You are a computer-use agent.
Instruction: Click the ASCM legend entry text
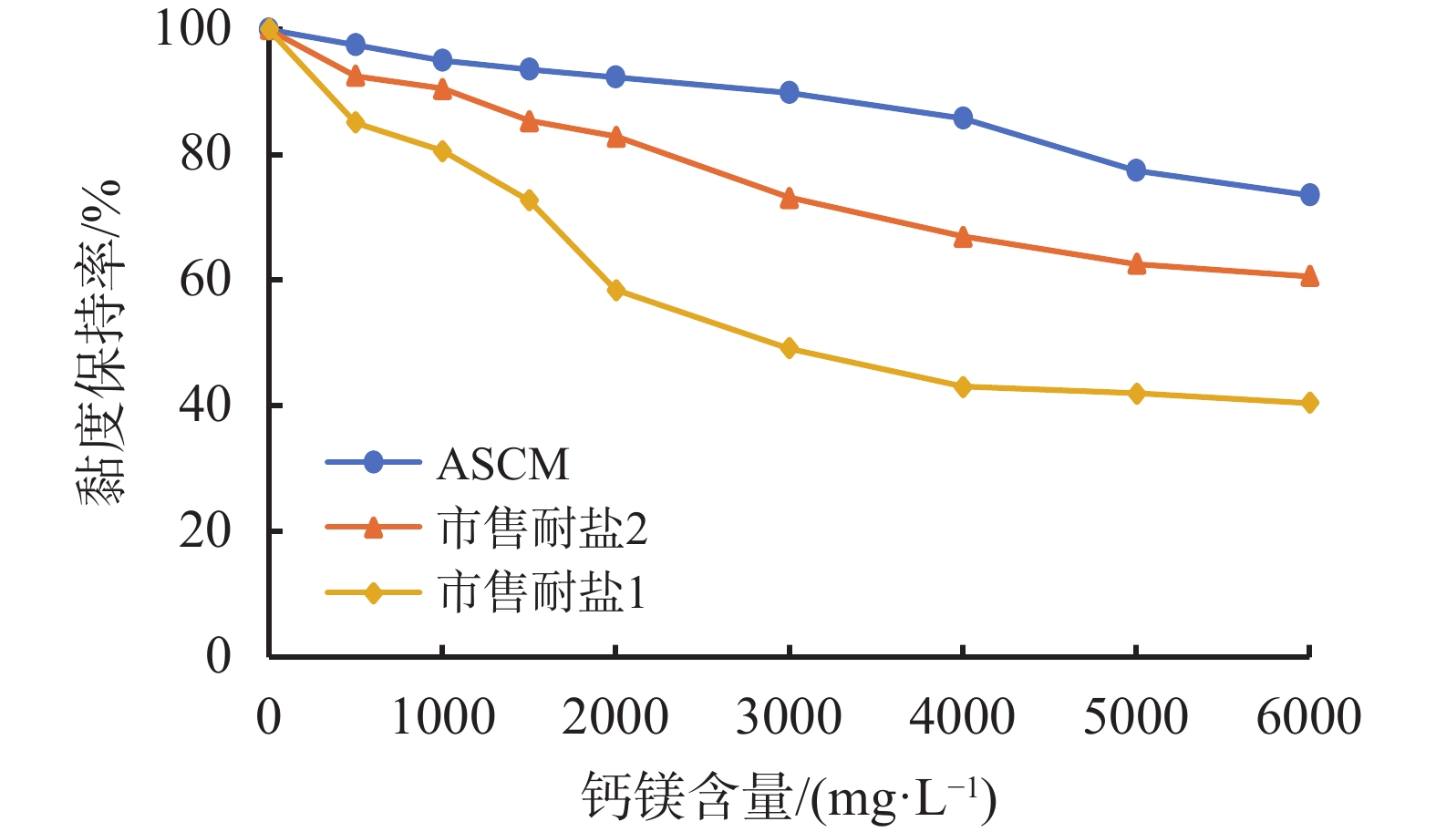point(502,464)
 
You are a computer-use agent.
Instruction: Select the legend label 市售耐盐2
point(542,529)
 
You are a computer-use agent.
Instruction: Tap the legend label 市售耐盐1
point(542,593)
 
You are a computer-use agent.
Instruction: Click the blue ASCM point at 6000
point(1309,195)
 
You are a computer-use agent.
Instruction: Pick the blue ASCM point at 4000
point(963,118)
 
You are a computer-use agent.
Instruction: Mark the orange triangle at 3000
point(790,199)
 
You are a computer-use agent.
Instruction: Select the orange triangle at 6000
point(1309,276)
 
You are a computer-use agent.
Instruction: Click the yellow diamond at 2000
point(616,291)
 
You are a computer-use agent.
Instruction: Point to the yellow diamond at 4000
point(963,387)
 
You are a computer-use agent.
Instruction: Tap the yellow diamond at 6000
point(1309,403)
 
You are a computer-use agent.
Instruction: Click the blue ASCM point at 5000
point(1136,170)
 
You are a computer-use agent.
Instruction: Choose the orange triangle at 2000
point(616,138)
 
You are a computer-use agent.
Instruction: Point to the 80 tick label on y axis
point(205,154)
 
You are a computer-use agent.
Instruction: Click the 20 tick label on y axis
point(205,531)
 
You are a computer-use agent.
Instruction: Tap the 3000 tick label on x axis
point(789,717)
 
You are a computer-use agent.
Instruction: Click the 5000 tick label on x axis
point(1135,717)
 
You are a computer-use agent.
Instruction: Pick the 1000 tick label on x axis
point(443,717)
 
